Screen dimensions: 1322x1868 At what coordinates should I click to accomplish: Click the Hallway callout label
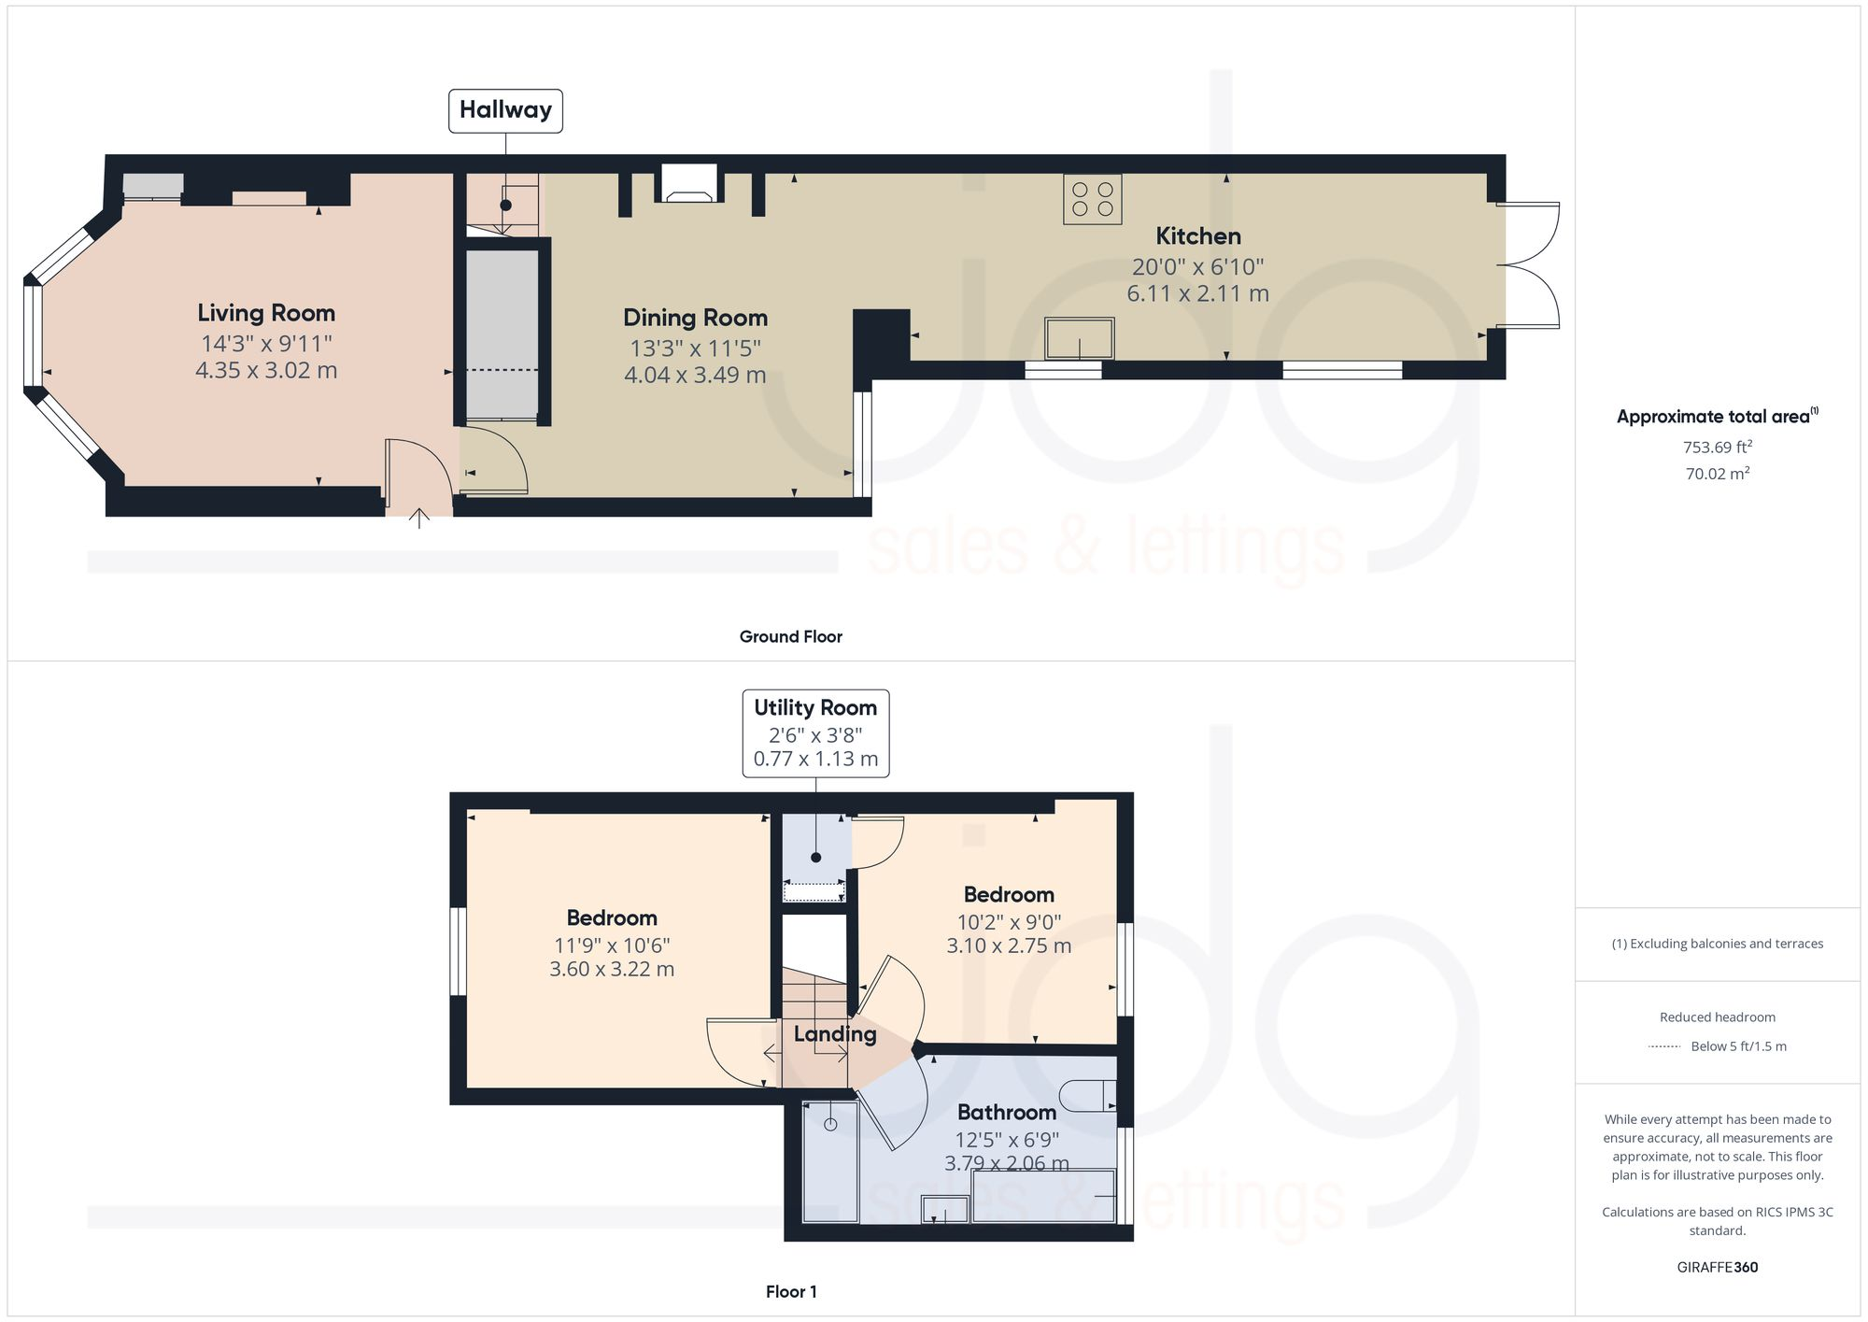tap(505, 110)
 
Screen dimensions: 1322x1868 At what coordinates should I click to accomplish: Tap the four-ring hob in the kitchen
tap(1092, 199)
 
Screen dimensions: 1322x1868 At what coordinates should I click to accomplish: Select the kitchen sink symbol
tap(1080, 338)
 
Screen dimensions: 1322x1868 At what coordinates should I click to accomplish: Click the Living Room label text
tap(266, 313)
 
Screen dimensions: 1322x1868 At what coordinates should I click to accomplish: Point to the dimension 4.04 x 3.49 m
tap(695, 376)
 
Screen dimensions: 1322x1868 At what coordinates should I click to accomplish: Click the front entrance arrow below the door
tap(419, 518)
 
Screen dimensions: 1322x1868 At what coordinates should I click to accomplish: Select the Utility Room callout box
tap(815, 732)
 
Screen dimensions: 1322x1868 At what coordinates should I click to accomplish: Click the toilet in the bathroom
tap(1089, 1095)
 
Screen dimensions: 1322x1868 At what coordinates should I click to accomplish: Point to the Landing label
tap(835, 1034)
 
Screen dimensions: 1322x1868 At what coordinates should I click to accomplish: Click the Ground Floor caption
tap(790, 637)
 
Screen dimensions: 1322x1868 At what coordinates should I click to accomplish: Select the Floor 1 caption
tap(790, 1292)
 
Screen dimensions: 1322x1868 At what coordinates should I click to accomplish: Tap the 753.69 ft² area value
tap(1717, 448)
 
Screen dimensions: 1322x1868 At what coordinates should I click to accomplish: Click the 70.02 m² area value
tap(1717, 474)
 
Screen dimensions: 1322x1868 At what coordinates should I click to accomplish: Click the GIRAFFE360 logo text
tap(1717, 1268)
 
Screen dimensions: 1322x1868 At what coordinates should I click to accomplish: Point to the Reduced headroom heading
tap(1717, 1017)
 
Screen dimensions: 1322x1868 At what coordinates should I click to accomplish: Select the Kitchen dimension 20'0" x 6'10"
tap(1197, 267)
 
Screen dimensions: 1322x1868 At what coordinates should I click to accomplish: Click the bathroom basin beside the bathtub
tap(944, 1211)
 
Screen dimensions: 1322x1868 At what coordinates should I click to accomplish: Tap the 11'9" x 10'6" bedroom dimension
tap(612, 945)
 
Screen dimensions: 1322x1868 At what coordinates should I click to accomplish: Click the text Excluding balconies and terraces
tap(1717, 944)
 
